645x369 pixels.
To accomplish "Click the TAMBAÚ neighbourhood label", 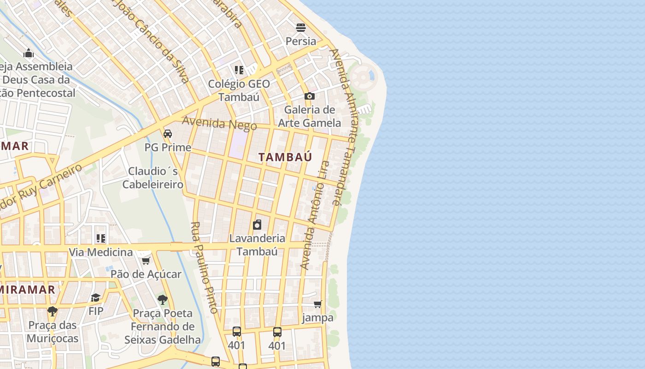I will click(x=285, y=157).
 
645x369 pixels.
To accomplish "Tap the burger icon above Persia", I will click(x=301, y=28).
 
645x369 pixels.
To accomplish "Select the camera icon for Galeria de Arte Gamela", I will click(x=310, y=96).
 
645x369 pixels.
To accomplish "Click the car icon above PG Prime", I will click(x=168, y=134).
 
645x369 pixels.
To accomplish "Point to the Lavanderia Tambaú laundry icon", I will click(x=257, y=225).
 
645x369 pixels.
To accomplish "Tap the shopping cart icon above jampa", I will click(x=317, y=304).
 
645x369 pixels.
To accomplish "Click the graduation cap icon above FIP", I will click(x=96, y=298).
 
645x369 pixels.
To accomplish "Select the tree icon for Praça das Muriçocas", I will click(x=53, y=311).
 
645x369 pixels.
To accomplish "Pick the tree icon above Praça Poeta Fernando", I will click(x=162, y=300).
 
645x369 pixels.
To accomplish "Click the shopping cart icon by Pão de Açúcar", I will click(x=146, y=261).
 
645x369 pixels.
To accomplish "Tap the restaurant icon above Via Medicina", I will click(x=100, y=238).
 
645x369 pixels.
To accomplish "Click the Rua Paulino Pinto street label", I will click(x=204, y=268).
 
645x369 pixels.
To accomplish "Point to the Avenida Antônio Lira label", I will click(x=315, y=215).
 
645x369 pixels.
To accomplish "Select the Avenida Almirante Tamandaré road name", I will click(x=341, y=127).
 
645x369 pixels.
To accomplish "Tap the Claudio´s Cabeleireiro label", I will click(x=153, y=178).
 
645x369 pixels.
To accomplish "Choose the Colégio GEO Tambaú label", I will click(x=239, y=90).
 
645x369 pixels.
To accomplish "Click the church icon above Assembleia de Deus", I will click(x=29, y=53).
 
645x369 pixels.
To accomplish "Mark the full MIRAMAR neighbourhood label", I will click(x=28, y=290).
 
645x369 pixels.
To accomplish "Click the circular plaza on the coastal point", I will click(x=363, y=75).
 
